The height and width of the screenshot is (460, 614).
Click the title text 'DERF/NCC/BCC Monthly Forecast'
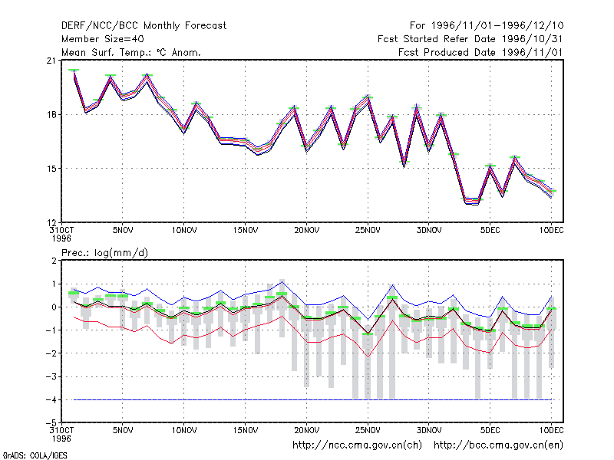144,26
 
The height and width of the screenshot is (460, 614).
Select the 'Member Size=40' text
103,39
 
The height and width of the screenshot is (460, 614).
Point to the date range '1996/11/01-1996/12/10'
497,26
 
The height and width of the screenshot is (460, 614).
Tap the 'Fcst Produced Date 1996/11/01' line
480,52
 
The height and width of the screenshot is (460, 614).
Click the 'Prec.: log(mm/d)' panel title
104,253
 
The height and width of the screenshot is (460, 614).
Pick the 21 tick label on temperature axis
51,61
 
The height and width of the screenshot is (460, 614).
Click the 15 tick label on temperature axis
51,169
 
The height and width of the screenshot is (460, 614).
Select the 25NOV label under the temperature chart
368,231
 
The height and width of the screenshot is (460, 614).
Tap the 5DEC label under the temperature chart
490,231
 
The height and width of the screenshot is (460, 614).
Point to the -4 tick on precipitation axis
51,399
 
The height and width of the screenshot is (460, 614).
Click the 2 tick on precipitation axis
54,261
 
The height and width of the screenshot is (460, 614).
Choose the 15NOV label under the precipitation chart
246,430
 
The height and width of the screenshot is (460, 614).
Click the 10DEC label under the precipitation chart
551,430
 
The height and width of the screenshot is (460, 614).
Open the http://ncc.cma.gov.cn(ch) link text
357,445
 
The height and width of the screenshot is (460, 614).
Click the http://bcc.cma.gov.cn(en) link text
498,445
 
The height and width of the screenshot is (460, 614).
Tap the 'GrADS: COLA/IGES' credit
35,455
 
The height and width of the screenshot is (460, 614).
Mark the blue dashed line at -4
312,399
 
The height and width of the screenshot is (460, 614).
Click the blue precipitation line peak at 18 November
282,281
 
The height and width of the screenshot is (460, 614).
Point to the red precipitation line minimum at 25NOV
368,356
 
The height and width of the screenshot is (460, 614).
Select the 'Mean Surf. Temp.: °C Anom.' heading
130,52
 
